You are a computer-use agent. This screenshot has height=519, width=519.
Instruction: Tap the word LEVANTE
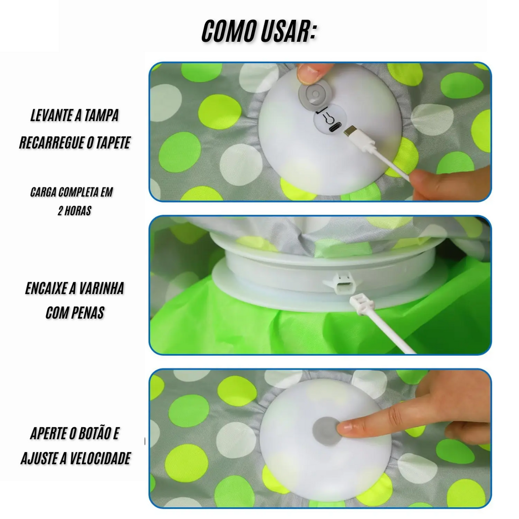52,116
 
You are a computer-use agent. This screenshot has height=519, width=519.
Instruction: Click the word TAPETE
113,142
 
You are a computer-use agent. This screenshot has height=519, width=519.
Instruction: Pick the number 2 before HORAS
60,211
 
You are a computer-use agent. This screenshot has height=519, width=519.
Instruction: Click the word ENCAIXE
46,288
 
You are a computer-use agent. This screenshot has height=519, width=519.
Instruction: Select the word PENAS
87,313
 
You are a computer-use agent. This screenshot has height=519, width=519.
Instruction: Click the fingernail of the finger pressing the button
343,430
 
